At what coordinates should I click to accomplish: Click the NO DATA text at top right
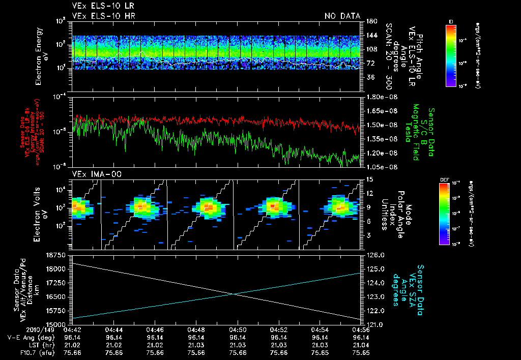point(342,16)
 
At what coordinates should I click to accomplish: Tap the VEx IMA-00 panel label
point(92,174)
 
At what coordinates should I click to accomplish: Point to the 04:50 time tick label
point(238,329)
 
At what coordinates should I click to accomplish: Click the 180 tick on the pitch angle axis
point(371,21)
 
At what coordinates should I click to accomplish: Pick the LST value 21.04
point(361,344)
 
